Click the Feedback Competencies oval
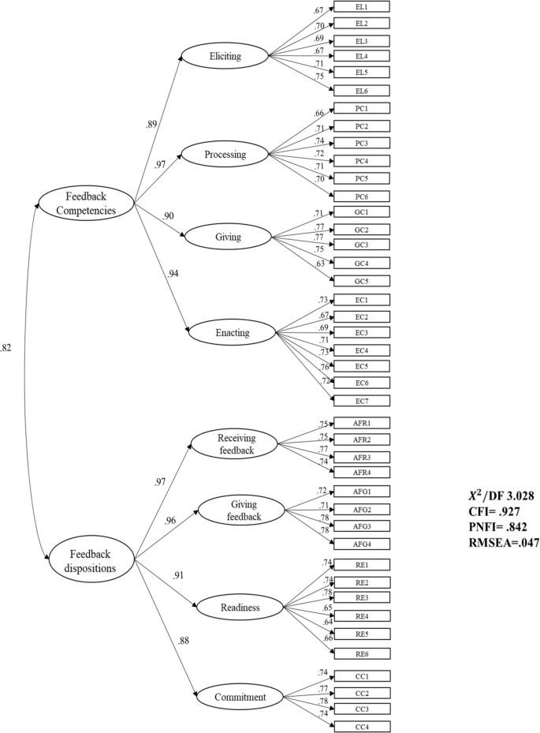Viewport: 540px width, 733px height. point(88,202)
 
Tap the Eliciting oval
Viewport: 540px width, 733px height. point(225,56)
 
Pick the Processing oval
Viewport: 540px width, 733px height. point(225,155)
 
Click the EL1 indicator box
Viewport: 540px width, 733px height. point(362,7)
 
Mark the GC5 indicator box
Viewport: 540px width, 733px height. point(362,280)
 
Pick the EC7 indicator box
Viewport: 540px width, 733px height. point(362,400)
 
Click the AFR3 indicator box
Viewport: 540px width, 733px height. point(362,457)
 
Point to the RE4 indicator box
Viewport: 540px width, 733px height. point(362,616)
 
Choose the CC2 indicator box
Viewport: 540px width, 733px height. point(362,693)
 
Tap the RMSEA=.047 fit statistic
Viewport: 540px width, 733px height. point(501,543)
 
